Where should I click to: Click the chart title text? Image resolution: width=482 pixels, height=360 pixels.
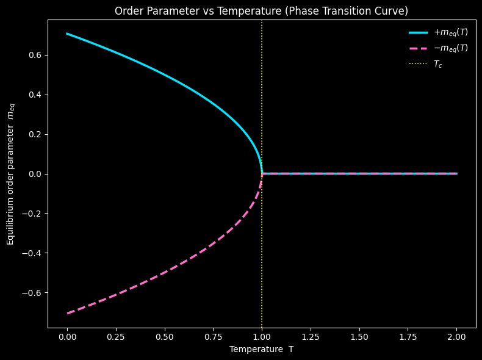261,11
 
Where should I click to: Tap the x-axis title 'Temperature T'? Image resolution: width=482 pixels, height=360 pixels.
261,349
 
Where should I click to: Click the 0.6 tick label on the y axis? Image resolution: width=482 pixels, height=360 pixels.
35,55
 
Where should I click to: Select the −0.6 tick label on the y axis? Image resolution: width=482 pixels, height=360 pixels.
32,293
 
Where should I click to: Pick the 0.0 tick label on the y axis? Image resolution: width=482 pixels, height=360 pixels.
35,174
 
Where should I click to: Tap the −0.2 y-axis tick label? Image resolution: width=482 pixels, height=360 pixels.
32,214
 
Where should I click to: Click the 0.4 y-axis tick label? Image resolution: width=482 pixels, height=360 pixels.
35,95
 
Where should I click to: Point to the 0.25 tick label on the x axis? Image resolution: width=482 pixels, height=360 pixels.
116,337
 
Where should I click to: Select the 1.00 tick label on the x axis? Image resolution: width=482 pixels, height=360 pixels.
262,337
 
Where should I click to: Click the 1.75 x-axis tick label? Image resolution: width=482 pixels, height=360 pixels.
408,337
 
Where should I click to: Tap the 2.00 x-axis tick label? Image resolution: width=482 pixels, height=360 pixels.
456,337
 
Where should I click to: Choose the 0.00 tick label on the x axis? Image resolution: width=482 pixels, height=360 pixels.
67,337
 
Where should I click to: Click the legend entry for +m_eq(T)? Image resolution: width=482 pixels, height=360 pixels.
438,32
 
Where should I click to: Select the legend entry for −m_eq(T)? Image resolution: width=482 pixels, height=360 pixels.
438,48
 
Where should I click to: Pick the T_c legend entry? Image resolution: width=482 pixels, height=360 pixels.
425,64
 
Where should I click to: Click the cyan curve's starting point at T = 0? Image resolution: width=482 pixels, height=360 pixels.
67,34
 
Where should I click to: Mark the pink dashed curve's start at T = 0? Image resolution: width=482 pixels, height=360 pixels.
67,314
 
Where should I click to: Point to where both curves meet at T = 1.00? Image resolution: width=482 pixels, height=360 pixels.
262,174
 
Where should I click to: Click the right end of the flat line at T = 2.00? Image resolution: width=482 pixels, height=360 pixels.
457,174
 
